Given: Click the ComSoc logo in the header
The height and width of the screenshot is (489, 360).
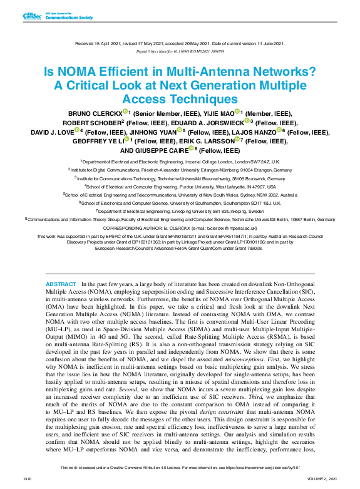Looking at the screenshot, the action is [31, 16].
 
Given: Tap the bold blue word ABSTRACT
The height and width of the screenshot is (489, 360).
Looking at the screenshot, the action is [61, 284].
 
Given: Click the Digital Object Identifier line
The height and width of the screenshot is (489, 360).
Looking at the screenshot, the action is [179, 51].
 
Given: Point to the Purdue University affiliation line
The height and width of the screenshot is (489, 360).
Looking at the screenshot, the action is [180, 186].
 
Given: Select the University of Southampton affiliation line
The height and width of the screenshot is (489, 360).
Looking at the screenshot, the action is [180, 203].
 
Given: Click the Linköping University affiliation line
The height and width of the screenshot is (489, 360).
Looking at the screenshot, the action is [180, 211].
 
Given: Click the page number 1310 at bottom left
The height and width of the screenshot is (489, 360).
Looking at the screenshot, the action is [27, 478].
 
